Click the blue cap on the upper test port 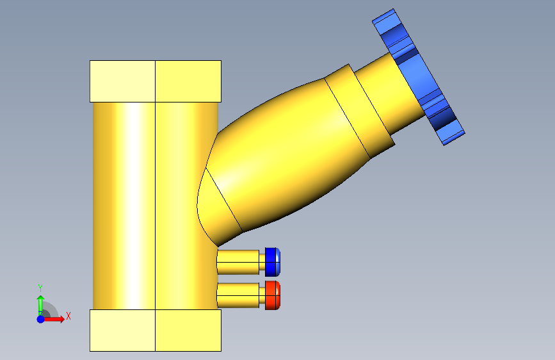[273, 262]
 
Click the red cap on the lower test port [273, 295]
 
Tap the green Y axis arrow [41, 305]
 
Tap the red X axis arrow [53, 319]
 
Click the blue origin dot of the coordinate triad [41, 319]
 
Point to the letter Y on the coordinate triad [40, 288]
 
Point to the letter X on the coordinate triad [68, 316]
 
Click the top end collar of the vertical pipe [156, 81]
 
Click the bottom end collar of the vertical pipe [156, 331]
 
